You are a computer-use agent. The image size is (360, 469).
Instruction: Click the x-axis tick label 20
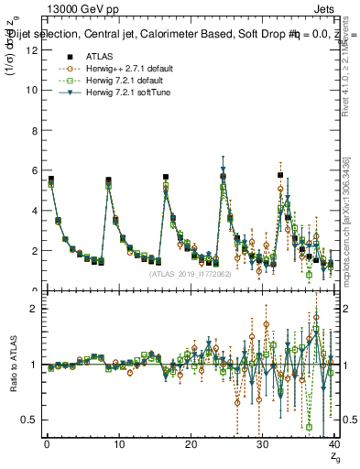[x=191, y=444]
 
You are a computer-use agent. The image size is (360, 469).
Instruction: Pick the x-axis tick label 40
[x=333, y=444]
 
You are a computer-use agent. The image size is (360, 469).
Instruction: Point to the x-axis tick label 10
[x=118, y=444]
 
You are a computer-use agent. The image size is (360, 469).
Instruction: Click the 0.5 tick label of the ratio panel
[x=29, y=420]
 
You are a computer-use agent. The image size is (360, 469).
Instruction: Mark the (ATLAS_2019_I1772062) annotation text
[x=191, y=273]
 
